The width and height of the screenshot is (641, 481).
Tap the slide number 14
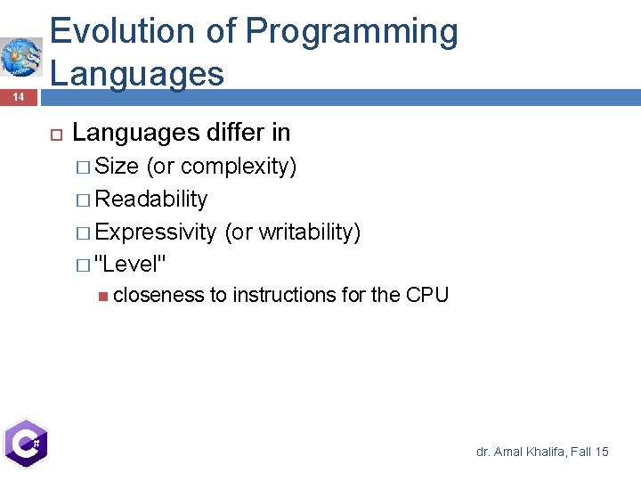(x=19, y=96)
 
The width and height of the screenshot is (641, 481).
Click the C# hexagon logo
(x=24, y=443)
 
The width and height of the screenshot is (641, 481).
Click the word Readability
(x=151, y=199)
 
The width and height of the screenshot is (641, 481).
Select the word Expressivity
(x=156, y=232)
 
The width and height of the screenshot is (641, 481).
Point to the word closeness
(x=158, y=295)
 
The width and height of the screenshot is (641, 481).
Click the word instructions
(x=284, y=295)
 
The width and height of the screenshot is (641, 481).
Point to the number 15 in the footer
(x=602, y=452)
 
